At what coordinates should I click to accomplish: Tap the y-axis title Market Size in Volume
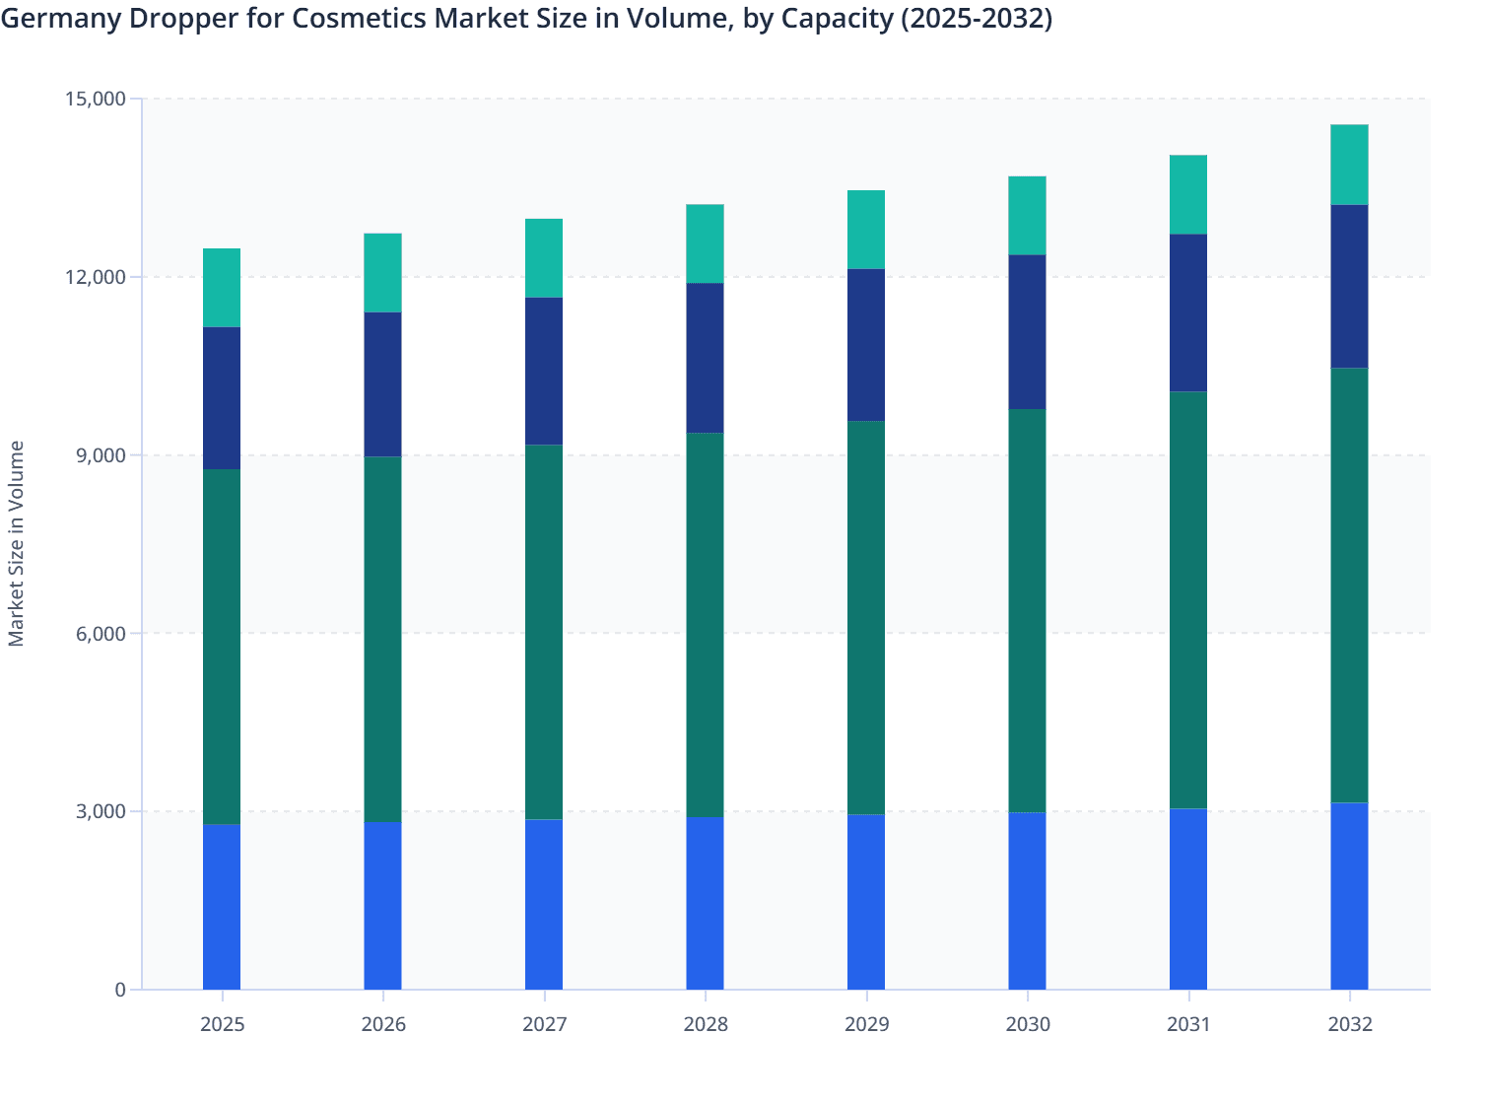(x=16, y=543)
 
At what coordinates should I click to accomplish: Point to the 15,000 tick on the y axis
(x=96, y=99)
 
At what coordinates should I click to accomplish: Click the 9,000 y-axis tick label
(x=101, y=455)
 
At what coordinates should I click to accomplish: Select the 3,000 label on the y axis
(x=101, y=811)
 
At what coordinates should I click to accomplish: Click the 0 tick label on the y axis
(x=120, y=990)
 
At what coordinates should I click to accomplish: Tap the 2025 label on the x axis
(x=222, y=1024)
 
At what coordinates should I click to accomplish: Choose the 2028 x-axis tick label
(x=706, y=1024)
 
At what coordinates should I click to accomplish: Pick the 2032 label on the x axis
(x=1349, y=1024)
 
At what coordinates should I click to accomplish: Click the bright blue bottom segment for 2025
(x=222, y=907)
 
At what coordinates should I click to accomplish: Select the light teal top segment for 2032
(x=1349, y=165)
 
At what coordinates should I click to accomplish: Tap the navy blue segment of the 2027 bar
(x=544, y=371)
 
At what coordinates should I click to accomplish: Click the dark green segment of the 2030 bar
(x=1027, y=611)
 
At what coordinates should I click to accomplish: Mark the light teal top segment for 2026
(x=382, y=273)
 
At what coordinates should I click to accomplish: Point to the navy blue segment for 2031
(x=1188, y=312)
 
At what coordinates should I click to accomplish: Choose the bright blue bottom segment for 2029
(x=866, y=902)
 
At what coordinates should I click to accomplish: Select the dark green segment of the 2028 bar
(x=706, y=625)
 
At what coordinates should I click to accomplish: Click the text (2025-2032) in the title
(x=977, y=19)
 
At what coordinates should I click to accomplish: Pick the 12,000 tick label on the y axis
(x=96, y=277)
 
